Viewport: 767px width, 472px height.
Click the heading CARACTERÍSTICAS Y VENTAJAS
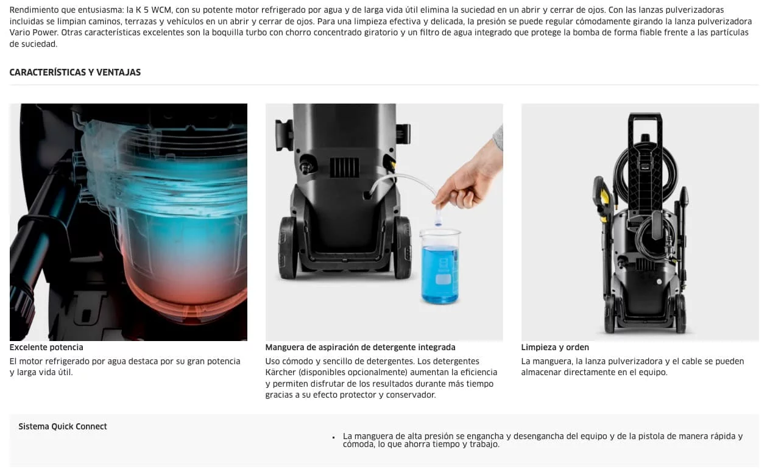pyautogui.click(x=75, y=72)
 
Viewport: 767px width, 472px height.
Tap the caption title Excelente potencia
pyautogui.click(x=46, y=347)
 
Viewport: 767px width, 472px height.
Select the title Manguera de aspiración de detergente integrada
pyautogui.click(x=360, y=347)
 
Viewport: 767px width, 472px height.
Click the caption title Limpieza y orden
pyautogui.click(x=555, y=347)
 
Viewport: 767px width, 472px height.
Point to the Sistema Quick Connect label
pyautogui.click(x=63, y=426)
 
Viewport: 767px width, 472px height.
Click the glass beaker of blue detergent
pyautogui.click(x=440, y=266)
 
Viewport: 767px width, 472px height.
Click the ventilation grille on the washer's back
pyautogui.click(x=344, y=167)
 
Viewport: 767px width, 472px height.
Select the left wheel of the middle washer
pyautogui.click(x=288, y=247)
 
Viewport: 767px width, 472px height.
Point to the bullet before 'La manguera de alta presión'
pyautogui.click(x=333, y=437)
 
